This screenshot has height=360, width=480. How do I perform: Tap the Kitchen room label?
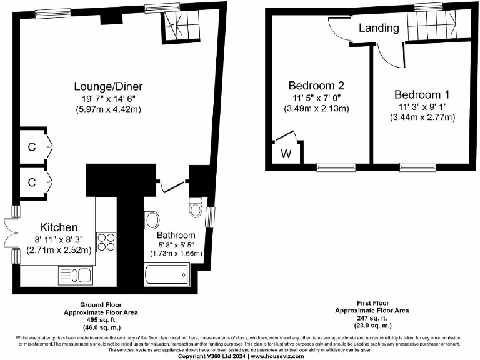(59, 227)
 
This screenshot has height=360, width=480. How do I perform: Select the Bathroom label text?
(168, 235)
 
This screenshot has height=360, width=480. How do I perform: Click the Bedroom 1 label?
(422, 94)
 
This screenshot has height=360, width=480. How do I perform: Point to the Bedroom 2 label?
(316, 86)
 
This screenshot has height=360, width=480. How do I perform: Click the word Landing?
(379, 28)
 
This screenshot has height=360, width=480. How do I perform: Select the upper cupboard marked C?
(31, 147)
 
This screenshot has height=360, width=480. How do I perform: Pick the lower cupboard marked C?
(31, 183)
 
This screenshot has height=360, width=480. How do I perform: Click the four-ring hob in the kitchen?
(106, 241)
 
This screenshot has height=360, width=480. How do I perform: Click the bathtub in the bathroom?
(166, 274)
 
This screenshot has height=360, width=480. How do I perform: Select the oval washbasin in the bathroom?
(152, 221)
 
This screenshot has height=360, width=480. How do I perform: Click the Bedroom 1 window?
(413, 166)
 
